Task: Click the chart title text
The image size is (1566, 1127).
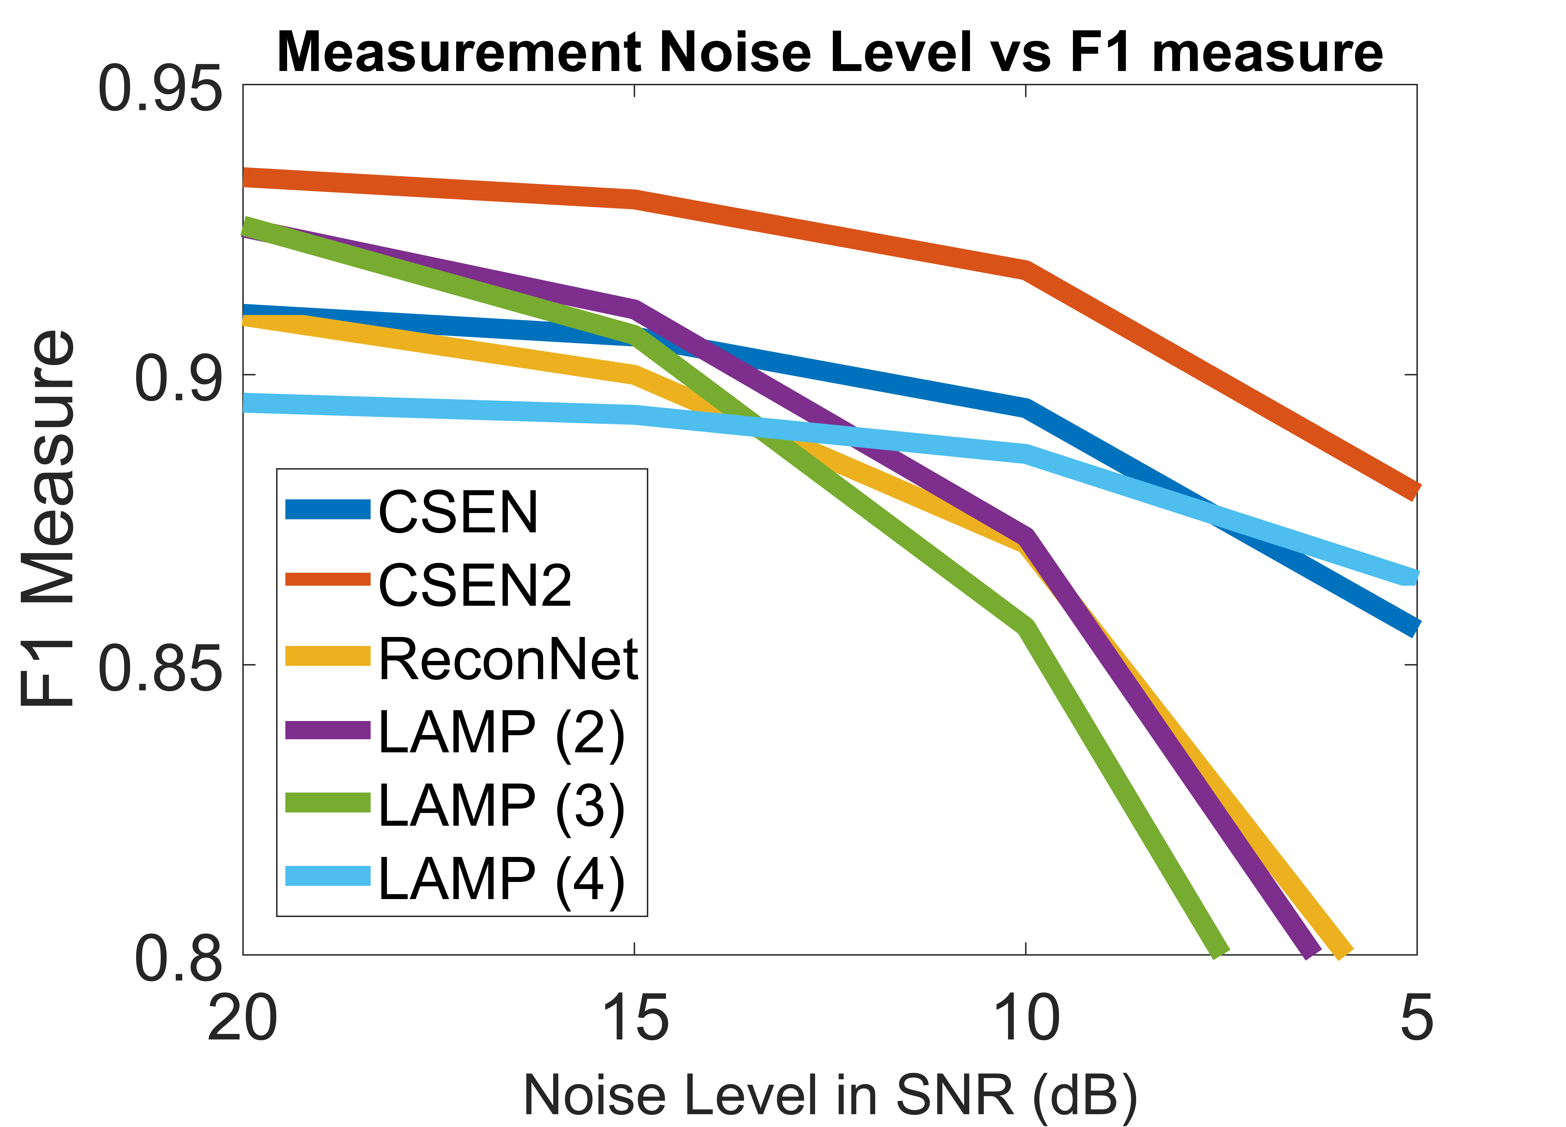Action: pyautogui.click(x=830, y=53)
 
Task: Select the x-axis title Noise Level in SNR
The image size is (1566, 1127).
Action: pyautogui.click(x=830, y=1095)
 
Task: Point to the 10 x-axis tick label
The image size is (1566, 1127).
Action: pyautogui.click(x=1026, y=1019)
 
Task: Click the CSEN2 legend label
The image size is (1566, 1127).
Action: pyautogui.click(x=475, y=586)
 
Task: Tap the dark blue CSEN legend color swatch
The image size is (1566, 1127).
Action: pyautogui.click(x=328, y=510)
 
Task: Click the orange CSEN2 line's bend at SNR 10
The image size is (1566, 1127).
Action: pyautogui.click(x=1026, y=270)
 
